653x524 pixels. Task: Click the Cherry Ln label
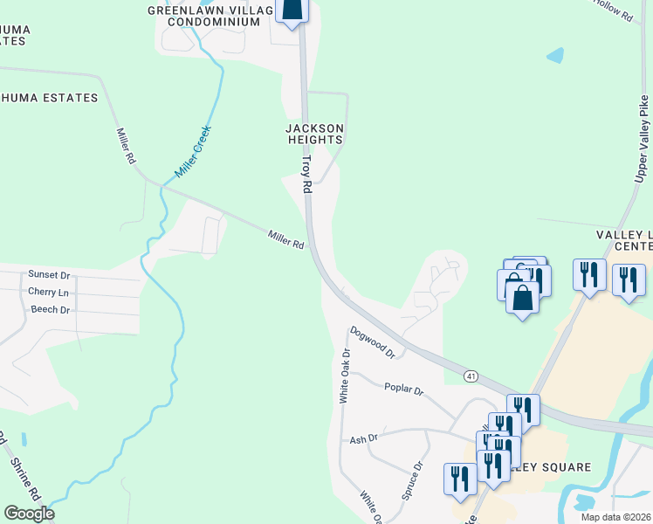point(48,292)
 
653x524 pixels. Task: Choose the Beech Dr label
point(50,309)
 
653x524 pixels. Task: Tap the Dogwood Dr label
point(373,342)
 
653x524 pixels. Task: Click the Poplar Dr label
point(402,390)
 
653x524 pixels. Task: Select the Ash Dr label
point(363,439)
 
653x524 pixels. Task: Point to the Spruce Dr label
point(412,479)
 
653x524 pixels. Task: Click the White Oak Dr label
point(345,376)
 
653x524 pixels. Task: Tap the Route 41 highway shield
point(471,376)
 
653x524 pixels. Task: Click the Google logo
point(29,514)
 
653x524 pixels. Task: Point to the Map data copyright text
point(615,517)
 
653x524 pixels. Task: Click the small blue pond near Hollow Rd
point(554,55)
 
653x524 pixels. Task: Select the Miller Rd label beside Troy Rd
point(285,238)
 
